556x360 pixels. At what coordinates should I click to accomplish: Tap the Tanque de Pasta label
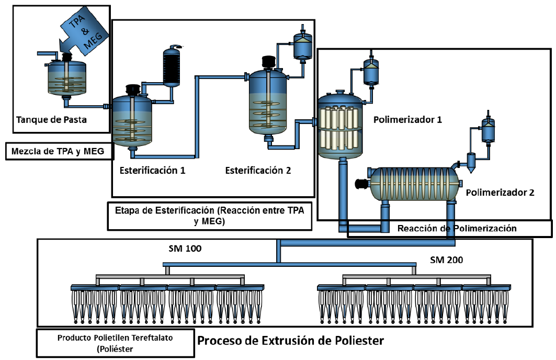[x=51, y=119]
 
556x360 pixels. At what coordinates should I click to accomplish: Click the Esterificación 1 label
[x=152, y=170]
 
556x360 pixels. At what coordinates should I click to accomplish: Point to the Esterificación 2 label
[x=258, y=170]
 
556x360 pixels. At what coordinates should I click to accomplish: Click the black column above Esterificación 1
[x=171, y=66]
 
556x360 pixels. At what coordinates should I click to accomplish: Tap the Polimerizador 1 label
[x=407, y=119]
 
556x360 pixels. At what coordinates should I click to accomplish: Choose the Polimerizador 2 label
[x=500, y=192]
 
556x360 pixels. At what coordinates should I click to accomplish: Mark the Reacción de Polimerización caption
[x=457, y=228]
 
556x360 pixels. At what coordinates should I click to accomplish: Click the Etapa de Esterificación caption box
[x=209, y=216]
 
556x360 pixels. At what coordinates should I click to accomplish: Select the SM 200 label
[x=446, y=259]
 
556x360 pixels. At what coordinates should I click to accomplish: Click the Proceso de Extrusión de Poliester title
[x=290, y=341]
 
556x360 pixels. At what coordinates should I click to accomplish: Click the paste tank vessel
[x=67, y=79]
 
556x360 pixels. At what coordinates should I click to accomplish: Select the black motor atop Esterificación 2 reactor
[x=269, y=62]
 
